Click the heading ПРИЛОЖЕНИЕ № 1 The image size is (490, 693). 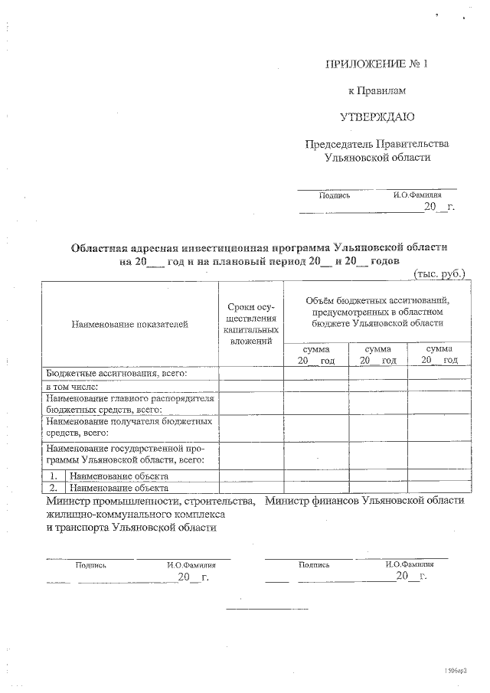(375, 64)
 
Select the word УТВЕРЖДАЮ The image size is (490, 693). (377, 117)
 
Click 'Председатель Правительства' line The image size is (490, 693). (377, 144)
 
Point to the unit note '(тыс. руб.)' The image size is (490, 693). (439, 273)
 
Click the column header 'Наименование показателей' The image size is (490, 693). (129, 325)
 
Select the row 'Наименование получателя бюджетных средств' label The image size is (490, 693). (127, 427)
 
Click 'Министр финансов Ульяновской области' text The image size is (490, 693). (364, 500)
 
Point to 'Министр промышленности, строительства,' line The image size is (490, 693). (150, 501)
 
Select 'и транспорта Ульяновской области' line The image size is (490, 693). (131, 528)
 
